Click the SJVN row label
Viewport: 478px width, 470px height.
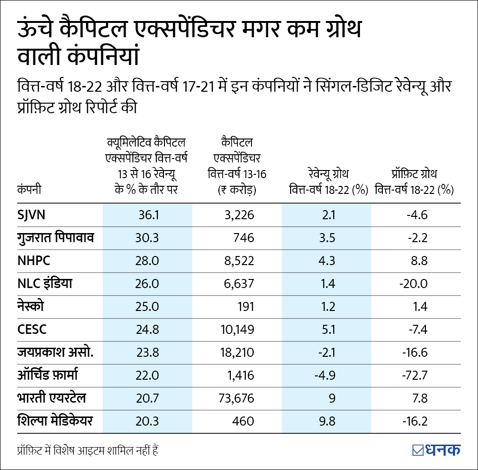[x=31, y=215]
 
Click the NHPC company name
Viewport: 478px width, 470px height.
[x=34, y=261]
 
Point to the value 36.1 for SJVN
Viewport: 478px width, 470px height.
[x=148, y=215]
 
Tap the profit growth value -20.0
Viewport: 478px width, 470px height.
[x=413, y=284]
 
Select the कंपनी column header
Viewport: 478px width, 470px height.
[x=29, y=190]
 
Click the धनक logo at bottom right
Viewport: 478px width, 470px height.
[x=436, y=449]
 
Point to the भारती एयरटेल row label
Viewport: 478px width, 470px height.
[x=51, y=398]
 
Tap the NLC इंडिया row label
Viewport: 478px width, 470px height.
[x=44, y=283]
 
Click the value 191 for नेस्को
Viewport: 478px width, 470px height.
[x=245, y=307]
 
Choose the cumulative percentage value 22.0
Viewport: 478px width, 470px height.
[x=148, y=375]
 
